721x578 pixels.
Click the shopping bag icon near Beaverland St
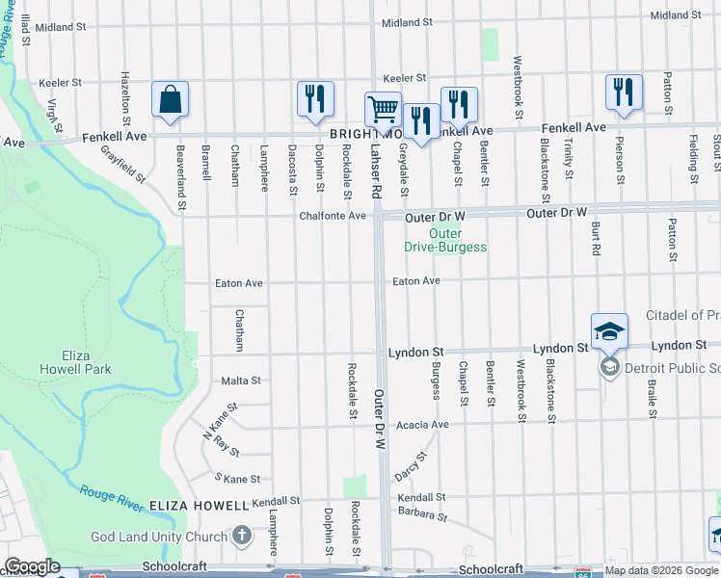171,100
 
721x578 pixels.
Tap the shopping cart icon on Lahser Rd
383,111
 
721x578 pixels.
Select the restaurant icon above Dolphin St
315,99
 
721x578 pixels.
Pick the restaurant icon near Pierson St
624,93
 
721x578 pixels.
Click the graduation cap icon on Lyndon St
609,332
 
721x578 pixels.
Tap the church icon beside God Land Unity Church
243,537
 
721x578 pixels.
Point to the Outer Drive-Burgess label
445,241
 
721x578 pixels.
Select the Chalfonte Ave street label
333,216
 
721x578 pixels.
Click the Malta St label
241,381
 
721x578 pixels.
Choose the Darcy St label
410,466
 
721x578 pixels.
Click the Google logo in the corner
31,566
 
